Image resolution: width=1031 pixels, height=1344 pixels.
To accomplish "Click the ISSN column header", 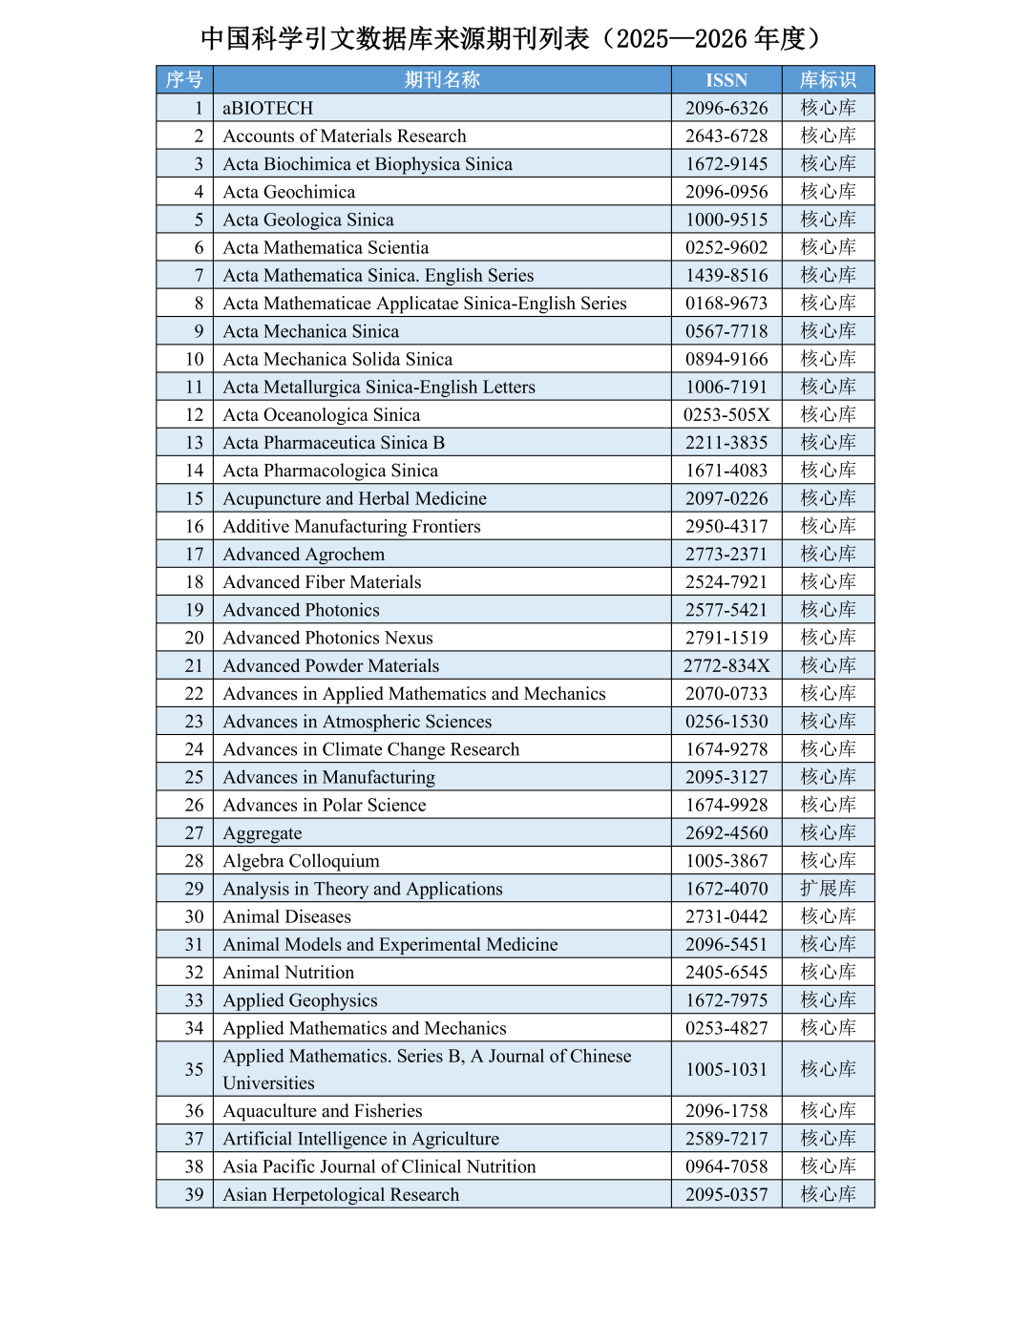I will (726, 80).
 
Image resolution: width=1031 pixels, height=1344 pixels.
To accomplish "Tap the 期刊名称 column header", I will (442, 80).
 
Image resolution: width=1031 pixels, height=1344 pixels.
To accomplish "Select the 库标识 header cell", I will (828, 80).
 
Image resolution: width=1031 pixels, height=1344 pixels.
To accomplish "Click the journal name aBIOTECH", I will (268, 108).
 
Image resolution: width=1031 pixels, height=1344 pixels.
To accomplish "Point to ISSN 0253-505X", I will (726, 414).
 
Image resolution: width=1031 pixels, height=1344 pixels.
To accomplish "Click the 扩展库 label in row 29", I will (828, 889).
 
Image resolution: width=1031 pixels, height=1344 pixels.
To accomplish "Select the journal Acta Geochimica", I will (289, 192).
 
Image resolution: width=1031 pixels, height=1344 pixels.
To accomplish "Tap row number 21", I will (194, 665).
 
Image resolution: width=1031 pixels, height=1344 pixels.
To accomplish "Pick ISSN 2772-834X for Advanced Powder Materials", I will (726, 665).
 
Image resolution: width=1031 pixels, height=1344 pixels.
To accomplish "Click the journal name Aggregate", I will (263, 833).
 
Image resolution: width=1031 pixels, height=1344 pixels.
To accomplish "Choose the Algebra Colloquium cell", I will (302, 861).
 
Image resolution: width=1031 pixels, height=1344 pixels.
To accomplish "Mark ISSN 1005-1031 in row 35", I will (726, 1069).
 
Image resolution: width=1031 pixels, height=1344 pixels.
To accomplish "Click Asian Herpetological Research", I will (341, 1194).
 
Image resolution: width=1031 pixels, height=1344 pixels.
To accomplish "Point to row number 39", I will (194, 1194).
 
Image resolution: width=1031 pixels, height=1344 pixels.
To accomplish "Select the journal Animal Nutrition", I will (288, 972).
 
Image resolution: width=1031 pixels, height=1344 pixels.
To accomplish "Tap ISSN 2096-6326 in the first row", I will (726, 108).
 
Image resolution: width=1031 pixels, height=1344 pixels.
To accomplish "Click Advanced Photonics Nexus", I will (328, 638).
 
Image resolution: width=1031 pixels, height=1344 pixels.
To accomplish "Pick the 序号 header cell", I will (184, 80).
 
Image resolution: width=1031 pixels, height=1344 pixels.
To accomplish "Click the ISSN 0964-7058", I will (726, 1166).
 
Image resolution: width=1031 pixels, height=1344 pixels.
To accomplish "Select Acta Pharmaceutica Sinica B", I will (334, 442).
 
